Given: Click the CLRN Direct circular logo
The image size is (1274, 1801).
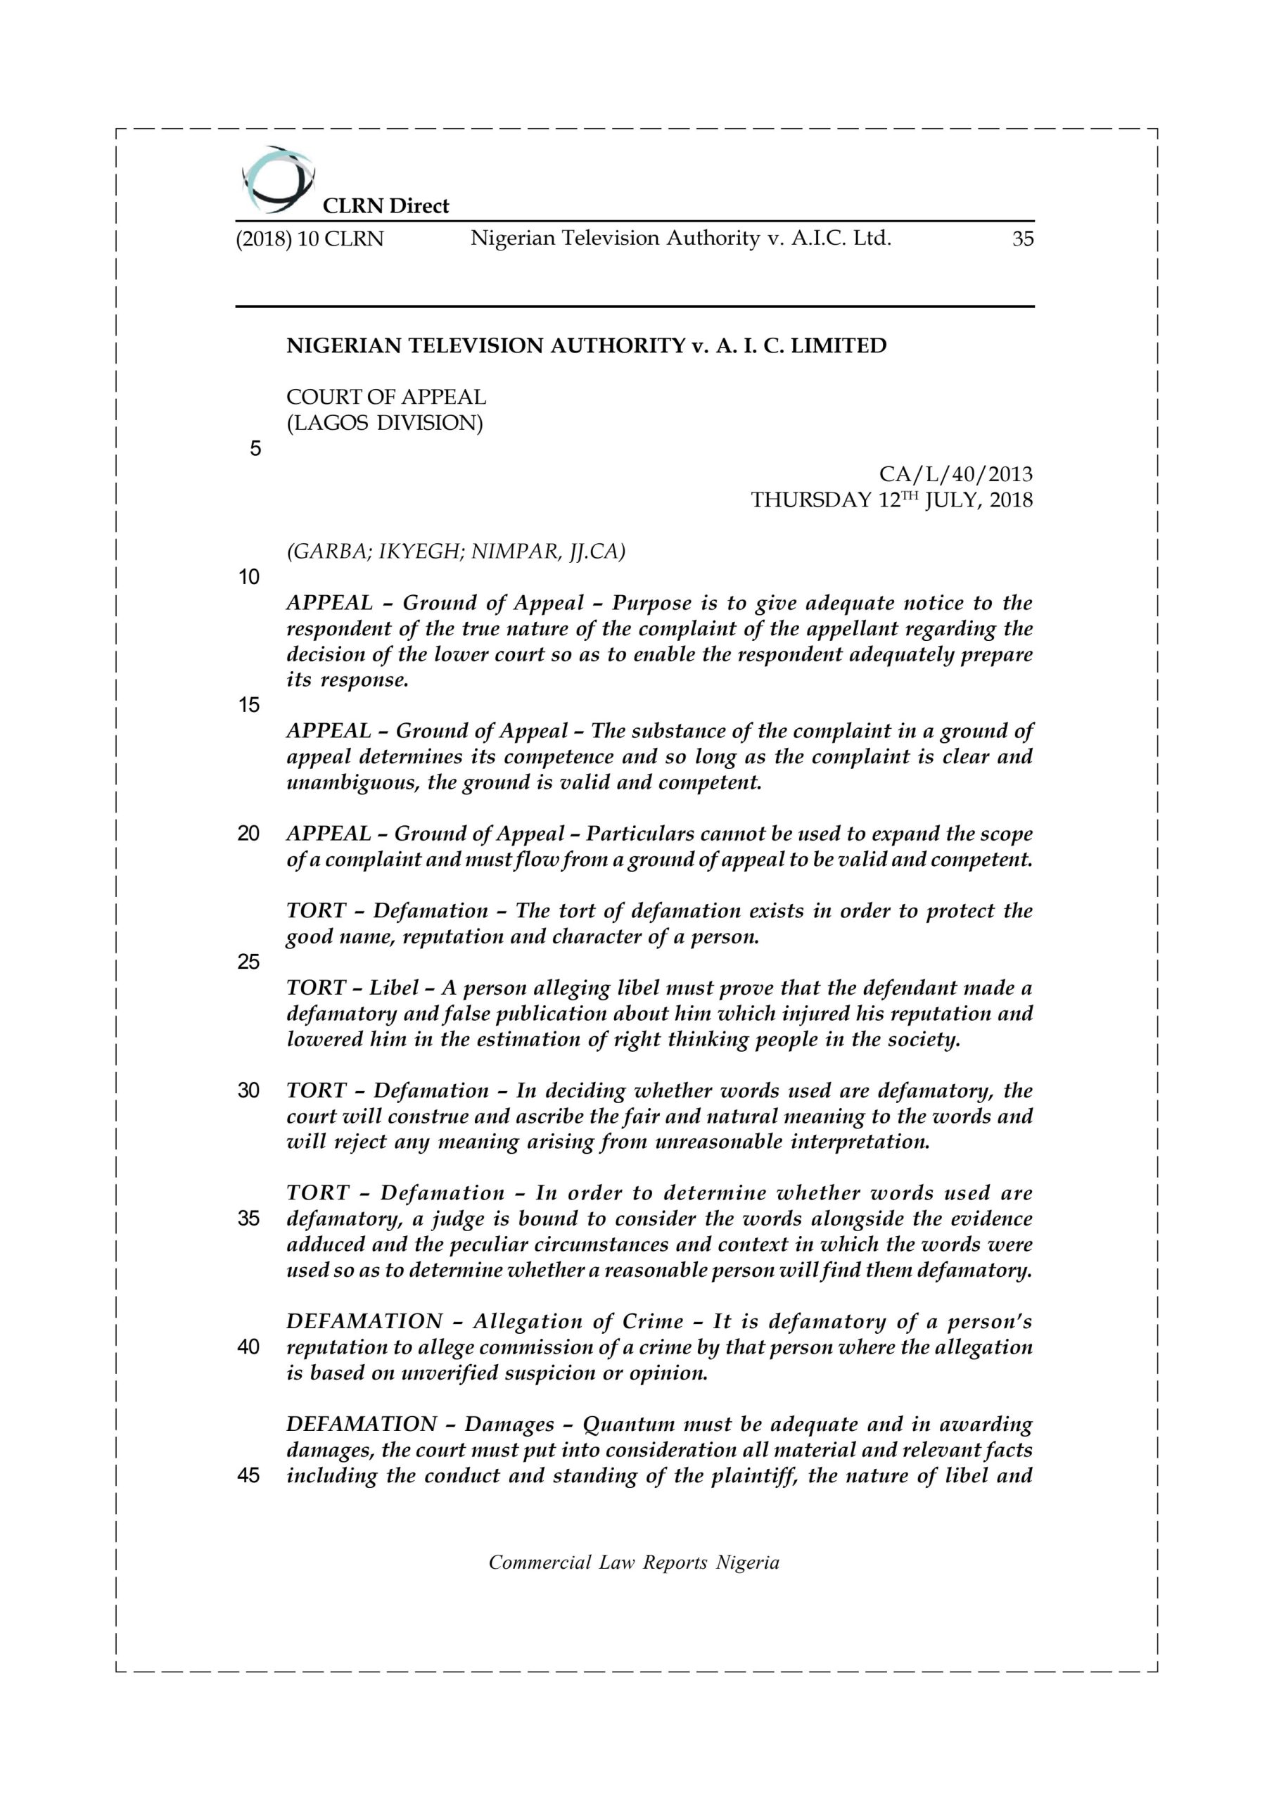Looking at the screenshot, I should [278, 179].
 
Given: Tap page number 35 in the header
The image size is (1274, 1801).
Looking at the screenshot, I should [1022, 239].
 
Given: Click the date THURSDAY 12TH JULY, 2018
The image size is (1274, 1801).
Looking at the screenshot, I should [891, 499].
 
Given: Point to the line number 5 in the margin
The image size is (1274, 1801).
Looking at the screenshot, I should [255, 449].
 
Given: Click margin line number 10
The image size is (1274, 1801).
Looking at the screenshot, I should [249, 578].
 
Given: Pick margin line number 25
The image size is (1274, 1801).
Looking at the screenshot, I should [249, 962].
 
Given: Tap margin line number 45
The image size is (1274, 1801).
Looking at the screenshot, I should [249, 1475].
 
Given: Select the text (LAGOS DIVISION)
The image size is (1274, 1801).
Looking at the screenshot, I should [384, 423].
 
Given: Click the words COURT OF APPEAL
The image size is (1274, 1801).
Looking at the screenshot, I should [386, 397].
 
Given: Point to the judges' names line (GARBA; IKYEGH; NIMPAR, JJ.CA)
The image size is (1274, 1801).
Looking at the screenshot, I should [456, 552].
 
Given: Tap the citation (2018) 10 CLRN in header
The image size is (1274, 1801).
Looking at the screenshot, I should [310, 239].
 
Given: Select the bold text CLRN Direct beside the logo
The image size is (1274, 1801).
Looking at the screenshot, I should [386, 206].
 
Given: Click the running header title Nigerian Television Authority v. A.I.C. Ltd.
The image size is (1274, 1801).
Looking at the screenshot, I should [680, 238].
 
